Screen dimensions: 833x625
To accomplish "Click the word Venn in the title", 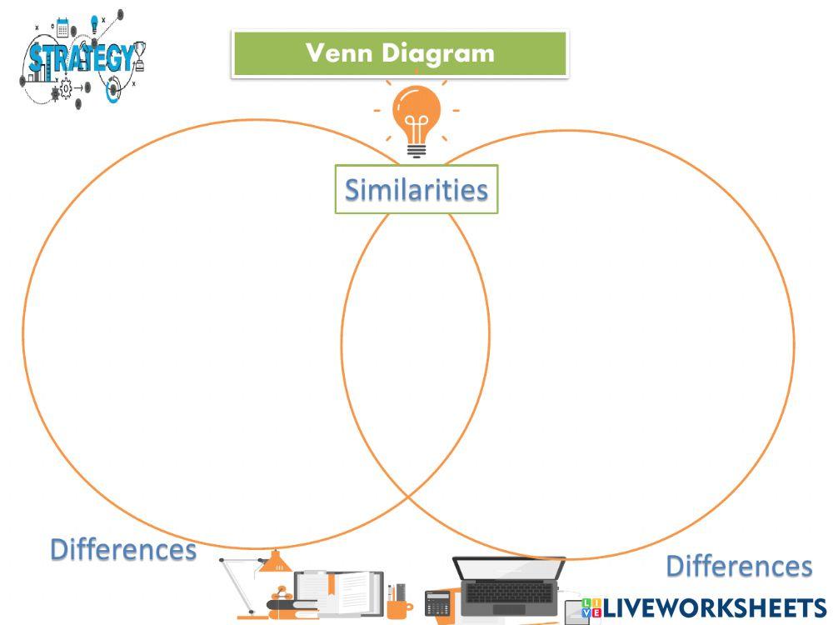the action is pos(339,52).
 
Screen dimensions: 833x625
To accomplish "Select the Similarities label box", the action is pos(416,189).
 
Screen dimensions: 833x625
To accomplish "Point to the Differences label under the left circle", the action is pos(123,549).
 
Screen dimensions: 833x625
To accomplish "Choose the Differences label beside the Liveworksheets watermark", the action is pos(739,566).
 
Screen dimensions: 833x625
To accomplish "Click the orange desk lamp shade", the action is pos(275,561).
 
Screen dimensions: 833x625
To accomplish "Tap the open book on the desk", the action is pos(339,592).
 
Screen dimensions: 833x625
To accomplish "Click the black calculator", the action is pos(438,603).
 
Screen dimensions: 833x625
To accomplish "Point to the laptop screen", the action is pos(510,567).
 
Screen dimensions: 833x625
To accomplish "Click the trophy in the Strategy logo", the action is pos(140,57).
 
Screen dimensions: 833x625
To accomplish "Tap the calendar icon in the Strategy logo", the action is pos(62,28).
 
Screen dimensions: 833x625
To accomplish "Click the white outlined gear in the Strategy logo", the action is pos(66,88).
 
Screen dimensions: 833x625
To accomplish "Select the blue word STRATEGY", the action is pos(81,58).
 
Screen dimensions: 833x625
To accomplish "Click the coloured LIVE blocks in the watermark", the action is pos(591,608).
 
